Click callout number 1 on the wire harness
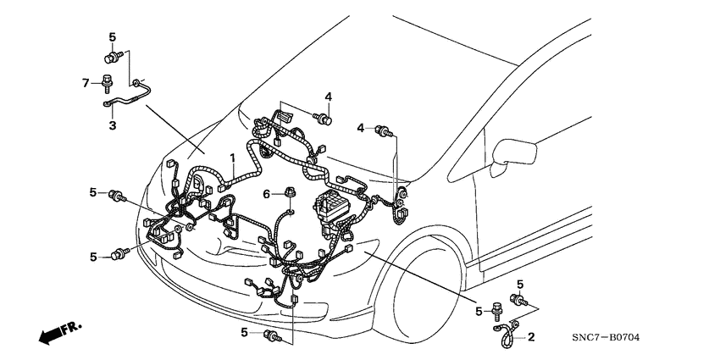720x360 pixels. [x=233, y=158]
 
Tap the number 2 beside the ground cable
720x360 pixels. [x=531, y=337]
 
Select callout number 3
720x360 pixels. [x=111, y=126]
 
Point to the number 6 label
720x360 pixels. [x=266, y=194]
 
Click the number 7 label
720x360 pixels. [x=85, y=81]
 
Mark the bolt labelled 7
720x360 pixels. [x=108, y=83]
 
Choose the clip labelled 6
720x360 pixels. [x=290, y=195]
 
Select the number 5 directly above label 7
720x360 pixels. [x=111, y=36]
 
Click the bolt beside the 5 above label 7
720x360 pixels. [x=110, y=58]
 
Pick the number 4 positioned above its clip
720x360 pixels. [x=328, y=97]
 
